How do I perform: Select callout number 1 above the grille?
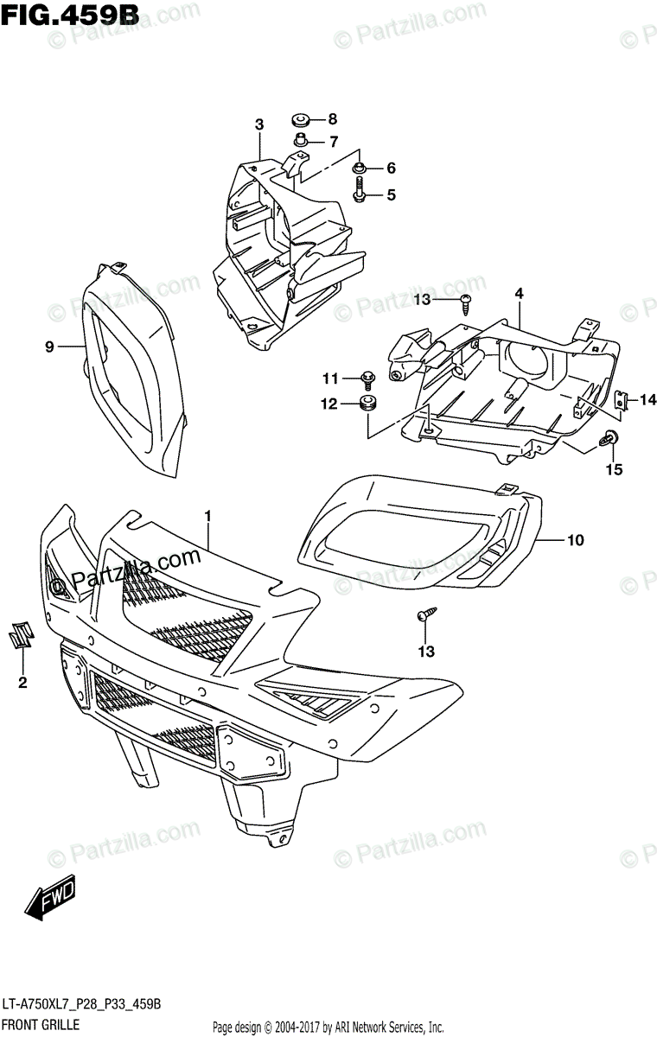[x=207, y=516]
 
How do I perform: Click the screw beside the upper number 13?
[x=467, y=301]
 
